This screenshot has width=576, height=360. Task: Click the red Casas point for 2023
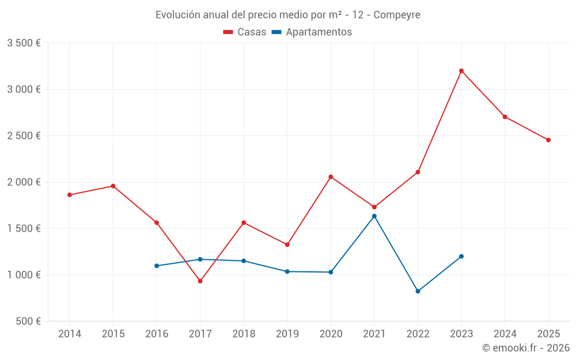[461, 71]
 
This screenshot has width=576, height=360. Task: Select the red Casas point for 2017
[200, 281]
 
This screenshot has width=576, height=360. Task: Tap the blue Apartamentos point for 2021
[374, 216]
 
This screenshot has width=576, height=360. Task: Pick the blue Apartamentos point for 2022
[418, 291]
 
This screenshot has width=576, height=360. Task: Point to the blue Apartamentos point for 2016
[157, 266]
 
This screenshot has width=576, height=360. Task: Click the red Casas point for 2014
[70, 195]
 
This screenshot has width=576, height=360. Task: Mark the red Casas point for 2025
[548, 140]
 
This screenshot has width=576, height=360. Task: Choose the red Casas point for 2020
[331, 177]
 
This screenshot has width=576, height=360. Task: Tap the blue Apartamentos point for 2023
[461, 256]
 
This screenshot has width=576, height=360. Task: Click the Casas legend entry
[245, 32]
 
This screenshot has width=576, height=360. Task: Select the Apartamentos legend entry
[312, 32]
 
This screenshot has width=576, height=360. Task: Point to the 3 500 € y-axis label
[24, 43]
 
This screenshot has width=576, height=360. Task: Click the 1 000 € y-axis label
[24, 275]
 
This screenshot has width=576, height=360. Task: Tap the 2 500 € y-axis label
[24, 136]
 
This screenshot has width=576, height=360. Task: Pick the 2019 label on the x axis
[287, 334]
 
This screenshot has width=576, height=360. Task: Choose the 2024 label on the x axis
[505, 334]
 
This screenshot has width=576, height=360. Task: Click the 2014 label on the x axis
[70, 334]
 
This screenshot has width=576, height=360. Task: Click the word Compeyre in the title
[397, 14]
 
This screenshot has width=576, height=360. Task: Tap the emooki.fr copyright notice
[526, 348]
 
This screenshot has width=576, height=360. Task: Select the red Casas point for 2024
[505, 117]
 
